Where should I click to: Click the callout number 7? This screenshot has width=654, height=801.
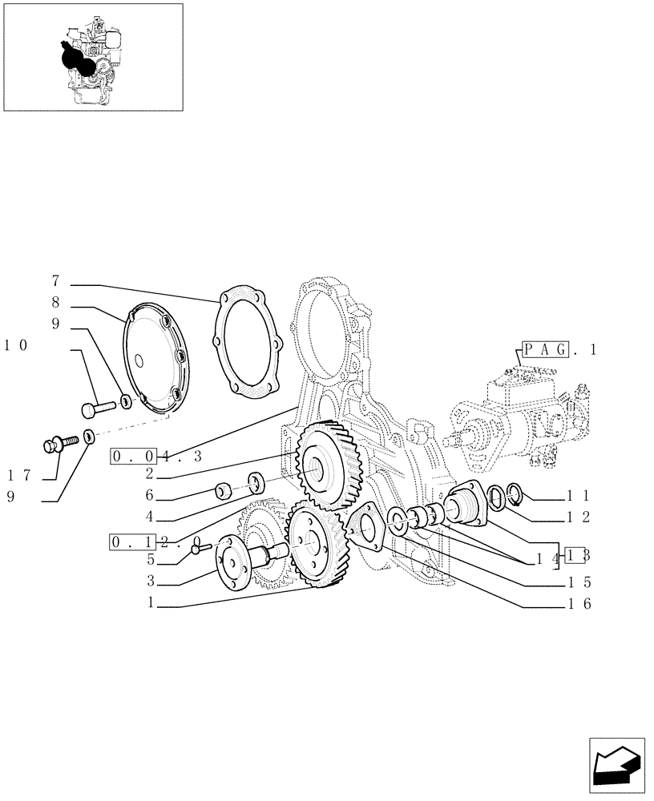[55, 281]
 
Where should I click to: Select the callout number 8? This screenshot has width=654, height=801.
[55, 304]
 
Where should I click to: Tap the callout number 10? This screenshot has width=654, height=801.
[17, 345]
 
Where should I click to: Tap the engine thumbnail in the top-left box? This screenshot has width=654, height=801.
[92, 57]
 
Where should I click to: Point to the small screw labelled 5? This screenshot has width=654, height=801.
[200, 547]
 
